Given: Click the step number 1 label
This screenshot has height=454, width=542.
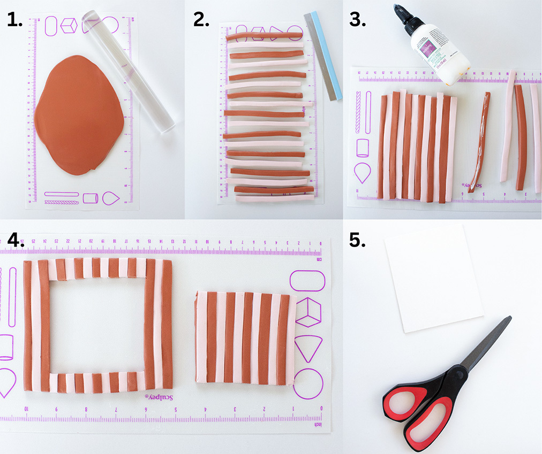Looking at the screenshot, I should (x=14, y=20).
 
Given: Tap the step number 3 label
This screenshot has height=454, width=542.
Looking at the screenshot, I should (x=357, y=20).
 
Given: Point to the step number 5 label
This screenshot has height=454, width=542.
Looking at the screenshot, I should (x=357, y=240).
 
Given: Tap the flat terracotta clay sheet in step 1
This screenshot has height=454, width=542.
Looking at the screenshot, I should (x=80, y=115).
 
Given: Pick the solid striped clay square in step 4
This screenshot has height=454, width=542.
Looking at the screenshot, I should (x=244, y=337).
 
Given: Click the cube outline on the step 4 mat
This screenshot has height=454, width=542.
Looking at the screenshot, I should (x=308, y=312).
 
